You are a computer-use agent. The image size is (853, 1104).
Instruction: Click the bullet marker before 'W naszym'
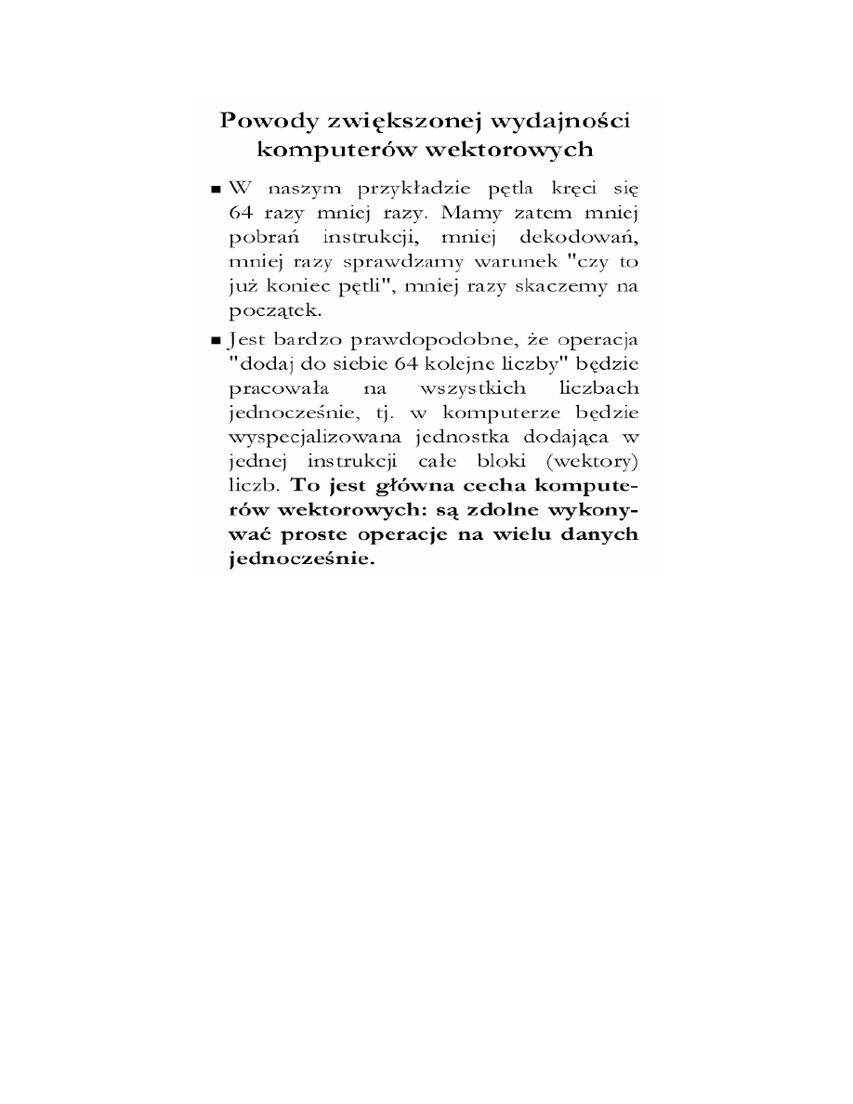click(216, 190)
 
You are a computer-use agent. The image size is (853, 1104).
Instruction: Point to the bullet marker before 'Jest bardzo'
click(216, 339)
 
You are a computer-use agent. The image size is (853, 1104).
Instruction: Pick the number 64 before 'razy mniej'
click(241, 214)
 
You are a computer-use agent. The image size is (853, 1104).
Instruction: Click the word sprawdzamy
click(410, 263)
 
